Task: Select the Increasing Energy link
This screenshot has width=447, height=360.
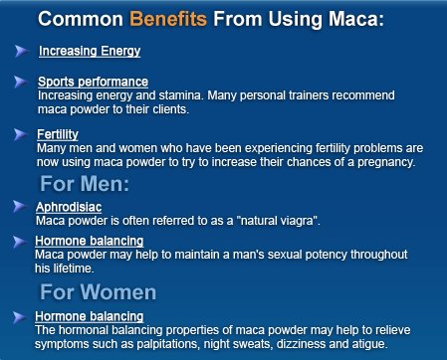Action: [90, 51]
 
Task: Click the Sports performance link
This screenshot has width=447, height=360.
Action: [94, 81]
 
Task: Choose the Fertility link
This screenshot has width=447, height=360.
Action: [59, 133]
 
